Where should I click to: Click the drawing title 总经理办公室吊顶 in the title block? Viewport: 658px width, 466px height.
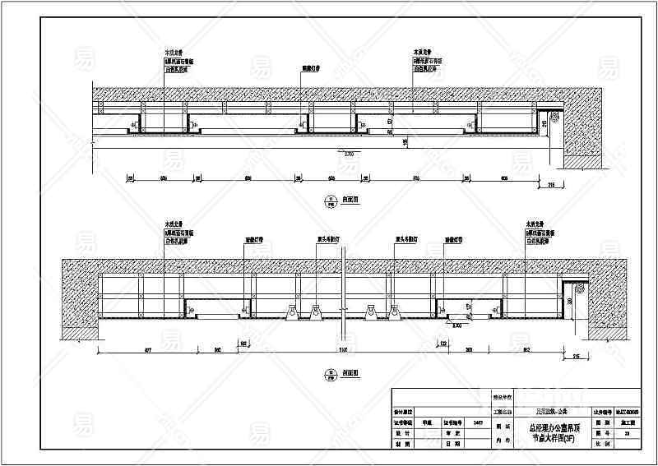click(x=548, y=427)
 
